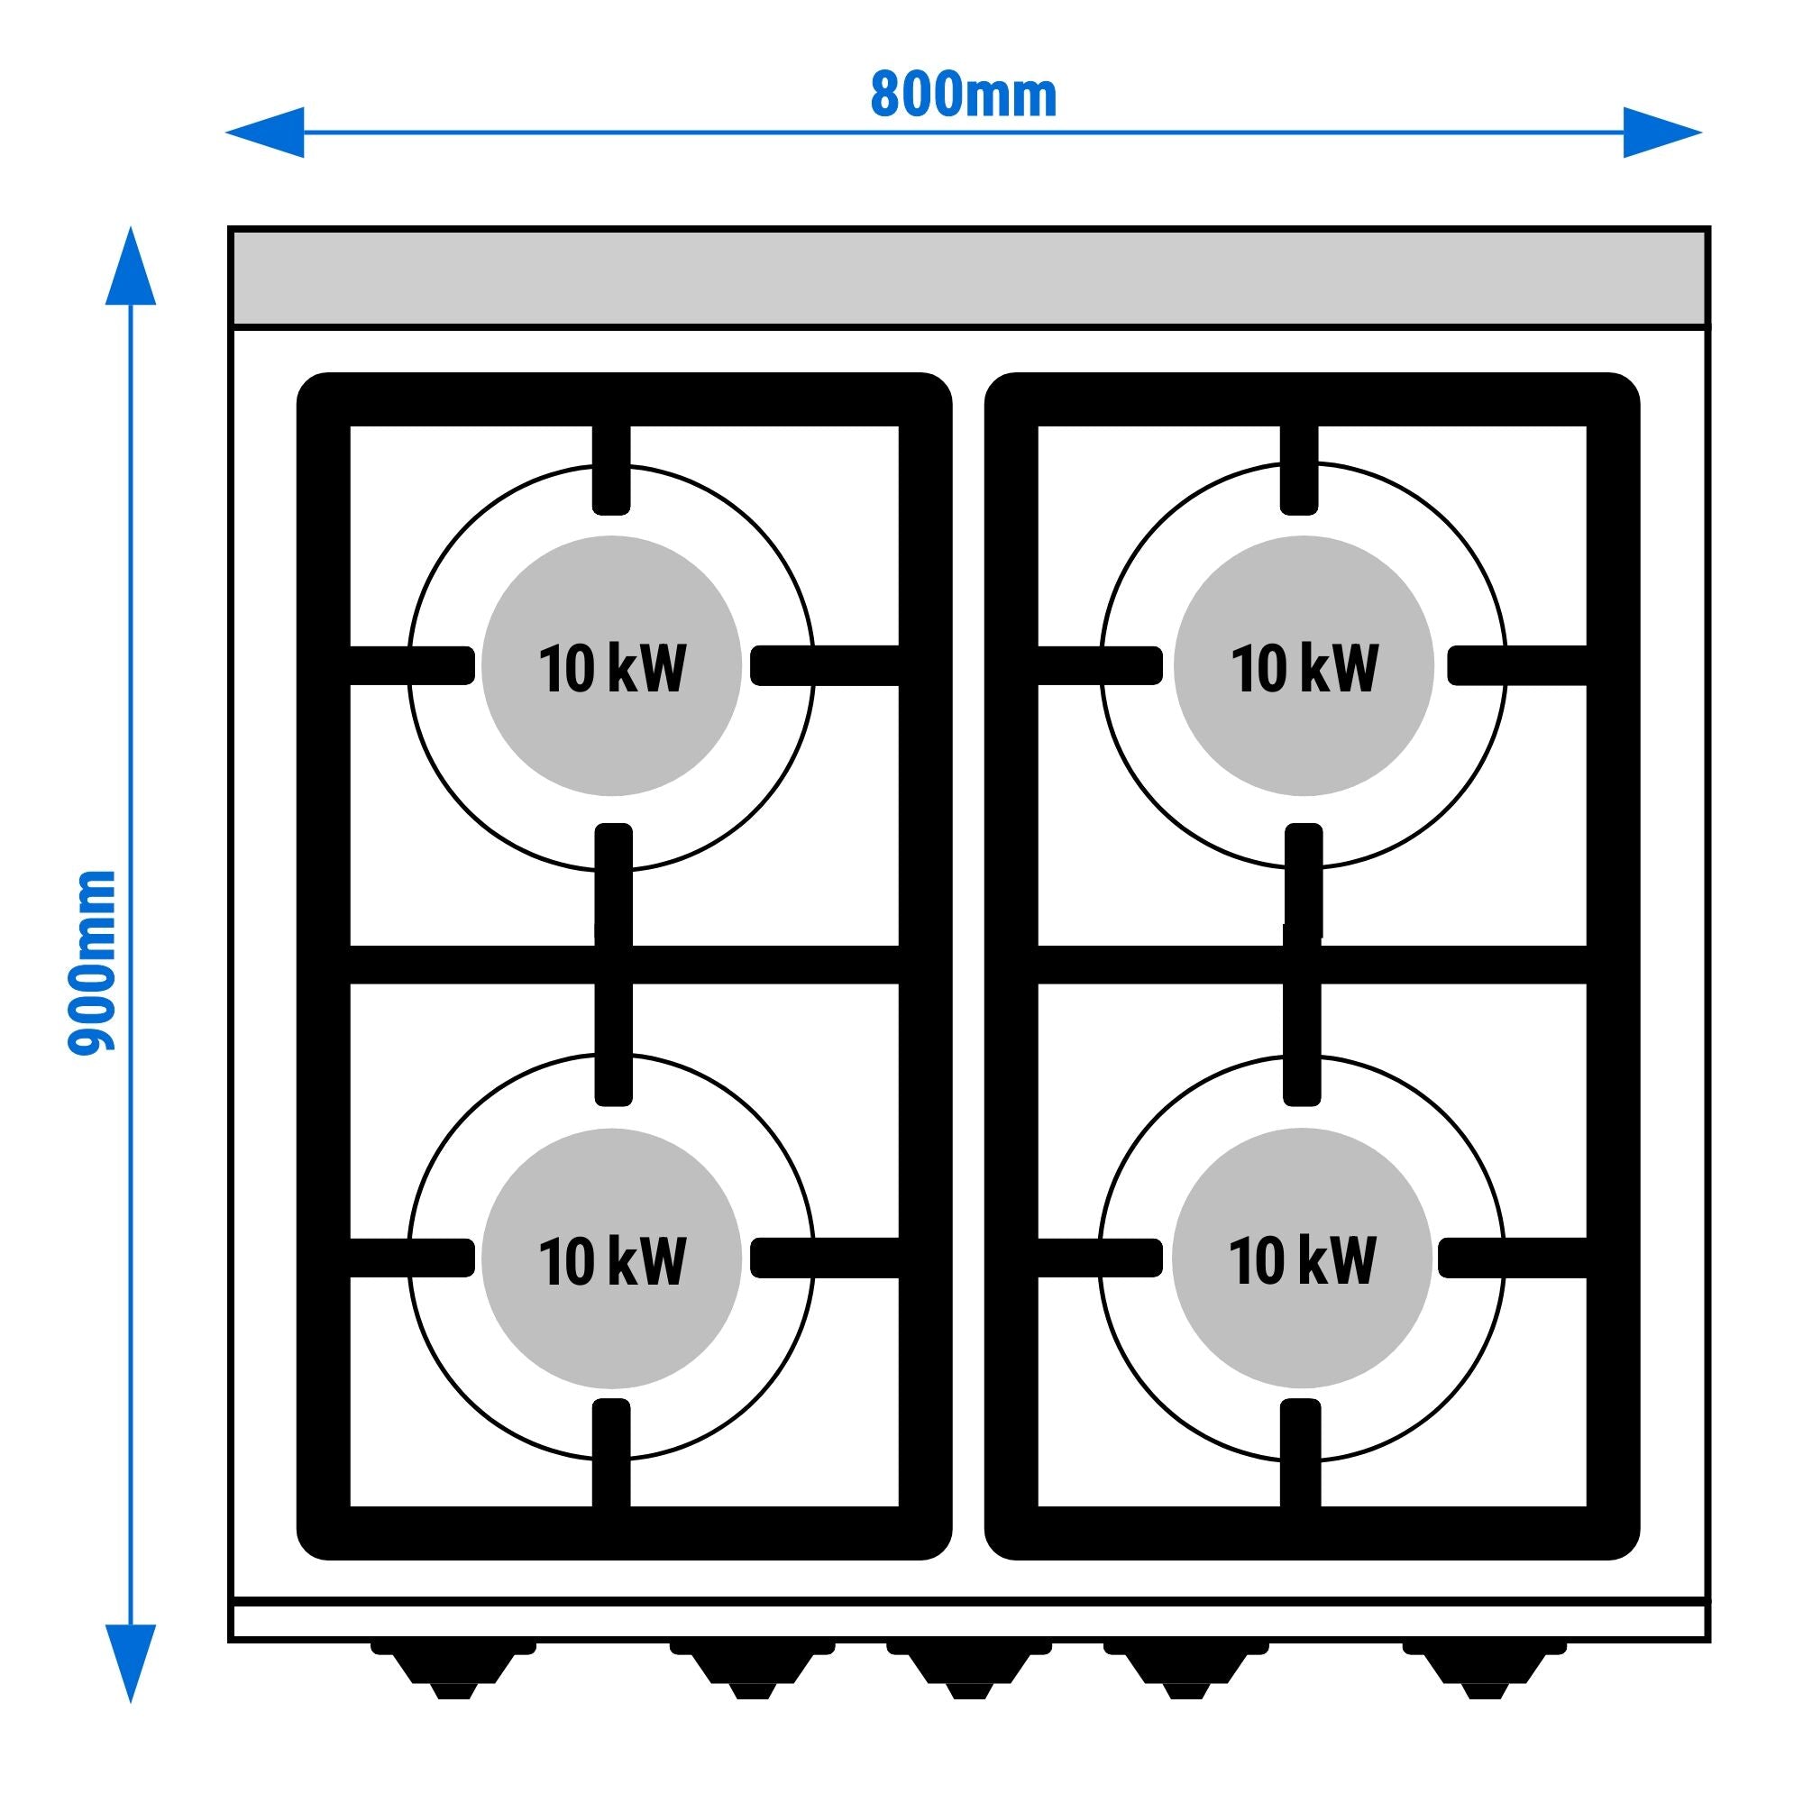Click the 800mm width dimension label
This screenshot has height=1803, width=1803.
[963, 95]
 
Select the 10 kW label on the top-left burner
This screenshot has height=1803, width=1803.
[612, 668]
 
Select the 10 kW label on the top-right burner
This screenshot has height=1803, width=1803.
[1304, 668]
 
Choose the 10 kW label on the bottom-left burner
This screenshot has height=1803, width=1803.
[612, 1261]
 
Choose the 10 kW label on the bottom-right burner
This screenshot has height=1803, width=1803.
[1302, 1261]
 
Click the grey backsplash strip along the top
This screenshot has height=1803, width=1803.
[969, 277]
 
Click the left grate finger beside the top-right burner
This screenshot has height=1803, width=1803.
[1102, 665]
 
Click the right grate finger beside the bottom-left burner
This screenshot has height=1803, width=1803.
[825, 1258]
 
